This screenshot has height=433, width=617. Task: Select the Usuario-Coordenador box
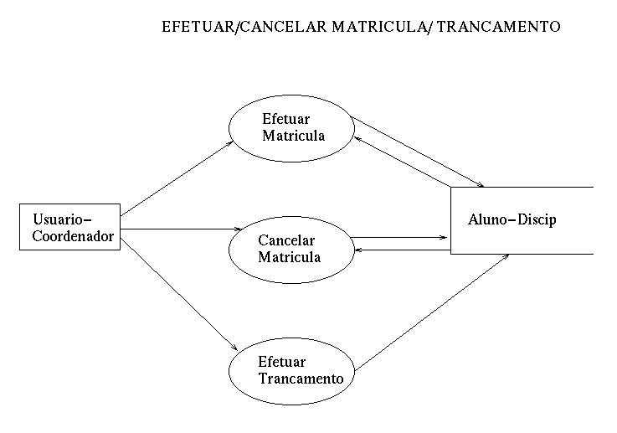pyautogui.click(x=70, y=227)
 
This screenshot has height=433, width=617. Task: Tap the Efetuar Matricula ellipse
pyautogui.click(x=291, y=127)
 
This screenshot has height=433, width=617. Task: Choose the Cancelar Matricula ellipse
pyautogui.click(x=289, y=249)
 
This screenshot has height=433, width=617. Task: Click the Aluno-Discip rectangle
pyautogui.click(x=522, y=219)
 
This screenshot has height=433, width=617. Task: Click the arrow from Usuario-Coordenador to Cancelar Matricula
pyautogui.click(x=180, y=229)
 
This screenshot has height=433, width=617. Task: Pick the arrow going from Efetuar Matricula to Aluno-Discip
pyautogui.click(x=419, y=152)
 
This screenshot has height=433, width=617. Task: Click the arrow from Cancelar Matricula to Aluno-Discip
pyautogui.click(x=400, y=238)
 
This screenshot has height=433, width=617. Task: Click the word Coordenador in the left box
pyautogui.click(x=72, y=236)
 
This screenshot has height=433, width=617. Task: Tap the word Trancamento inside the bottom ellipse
pyautogui.click(x=301, y=379)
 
